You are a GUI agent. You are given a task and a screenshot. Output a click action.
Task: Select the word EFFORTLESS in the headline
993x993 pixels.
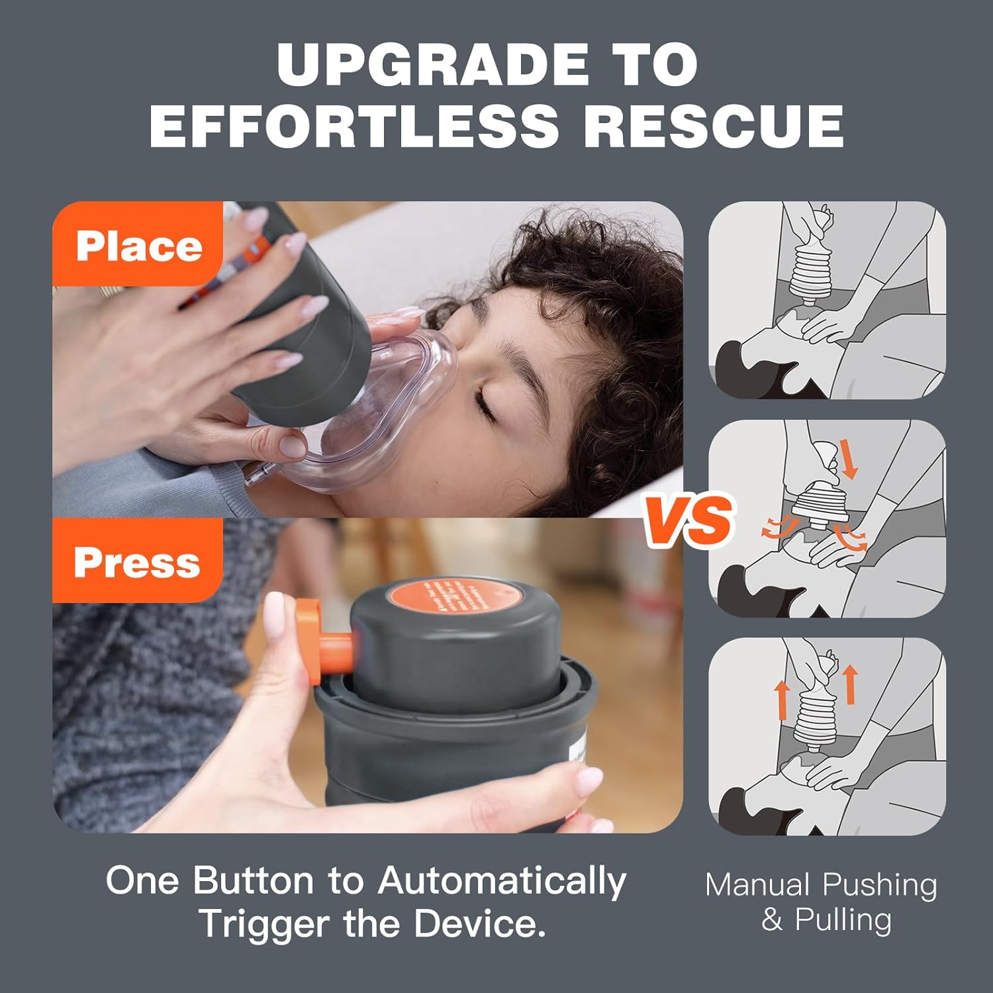[x=354, y=125]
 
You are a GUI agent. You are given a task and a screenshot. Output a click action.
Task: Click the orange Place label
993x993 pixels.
[x=138, y=246]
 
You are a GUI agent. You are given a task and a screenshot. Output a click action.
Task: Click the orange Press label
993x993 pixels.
[x=137, y=562]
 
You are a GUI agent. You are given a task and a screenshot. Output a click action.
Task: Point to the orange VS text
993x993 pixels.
[x=689, y=520]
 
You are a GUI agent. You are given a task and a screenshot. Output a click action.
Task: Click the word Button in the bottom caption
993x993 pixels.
[x=254, y=881]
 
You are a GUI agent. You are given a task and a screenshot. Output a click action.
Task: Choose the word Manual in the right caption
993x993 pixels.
[x=757, y=885]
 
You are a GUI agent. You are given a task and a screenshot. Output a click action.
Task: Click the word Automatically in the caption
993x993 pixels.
[x=502, y=881]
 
